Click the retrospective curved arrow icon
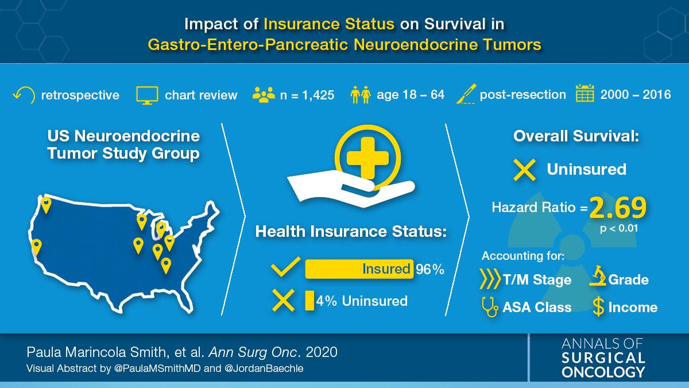[25, 95]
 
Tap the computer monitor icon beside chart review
[147, 95]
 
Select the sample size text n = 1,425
[307, 95]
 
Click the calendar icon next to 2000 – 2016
[585, 93]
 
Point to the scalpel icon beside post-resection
[466, 94]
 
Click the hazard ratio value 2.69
[618, 208]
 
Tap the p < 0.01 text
[619, 228]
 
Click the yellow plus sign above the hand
[367, 158]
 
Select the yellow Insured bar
[359, 269]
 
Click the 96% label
[429, 270]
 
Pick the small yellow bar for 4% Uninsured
[309, 301]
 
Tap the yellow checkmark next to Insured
[285, 267]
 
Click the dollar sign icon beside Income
[598, 306]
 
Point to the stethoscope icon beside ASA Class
[490, 307]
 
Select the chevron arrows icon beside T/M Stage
[490, 279]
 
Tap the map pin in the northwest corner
[46, 205]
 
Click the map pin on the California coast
[36, 247]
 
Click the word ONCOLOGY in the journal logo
[603, 372]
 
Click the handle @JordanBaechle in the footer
[264, 368]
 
